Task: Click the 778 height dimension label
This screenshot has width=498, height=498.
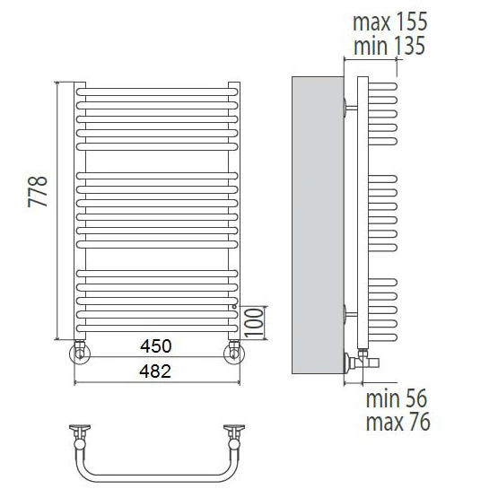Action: pyautogui.click(x=38, y=191)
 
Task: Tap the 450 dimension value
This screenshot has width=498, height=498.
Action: pyautogui.click(x=156, y=345)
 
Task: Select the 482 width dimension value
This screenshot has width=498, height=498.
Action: pyautogui.click(x=155, y=371)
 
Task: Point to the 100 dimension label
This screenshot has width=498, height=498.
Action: pyautogui.click(x=254, y=322)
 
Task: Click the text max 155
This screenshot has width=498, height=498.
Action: pyautogui.click(x=390, y=22)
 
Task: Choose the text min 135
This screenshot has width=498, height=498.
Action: pyautogui.click(x=389, y=46)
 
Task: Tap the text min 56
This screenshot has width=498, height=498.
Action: pyautogui.click(x=396, y=398)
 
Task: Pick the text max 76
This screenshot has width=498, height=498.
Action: pyautogui.click(x=398, y=422)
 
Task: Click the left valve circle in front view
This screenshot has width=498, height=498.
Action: pyautogui.click(x=79, y=354)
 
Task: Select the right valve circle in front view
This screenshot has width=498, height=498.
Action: pyautogui.click(x=234, y=354)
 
